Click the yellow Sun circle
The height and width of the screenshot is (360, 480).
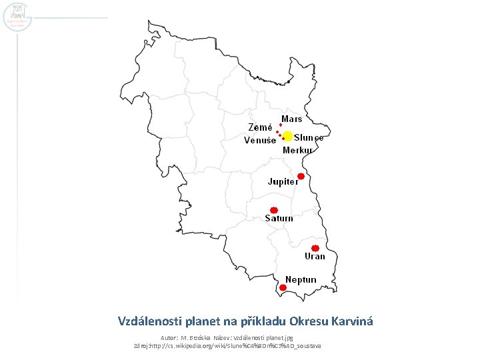point(287,136)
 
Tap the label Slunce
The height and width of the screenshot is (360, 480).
point(309,138)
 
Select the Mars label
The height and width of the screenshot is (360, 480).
point(291,119)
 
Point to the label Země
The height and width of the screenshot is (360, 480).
point(260,127)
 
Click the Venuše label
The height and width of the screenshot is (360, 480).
point(259,141)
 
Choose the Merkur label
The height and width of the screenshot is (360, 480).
point(297,150)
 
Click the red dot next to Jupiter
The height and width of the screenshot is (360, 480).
point(301,176)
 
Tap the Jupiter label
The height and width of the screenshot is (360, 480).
point(283,181)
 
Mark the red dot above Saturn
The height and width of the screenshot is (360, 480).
point(273,209)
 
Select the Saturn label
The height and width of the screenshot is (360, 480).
point(279,219)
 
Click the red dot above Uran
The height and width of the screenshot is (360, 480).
point(315,248)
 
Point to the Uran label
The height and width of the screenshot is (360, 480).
point(315,257)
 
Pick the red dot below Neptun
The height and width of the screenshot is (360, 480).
point(283,287)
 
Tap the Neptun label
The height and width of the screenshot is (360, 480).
point(301,279)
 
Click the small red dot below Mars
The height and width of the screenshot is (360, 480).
point(281,125)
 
